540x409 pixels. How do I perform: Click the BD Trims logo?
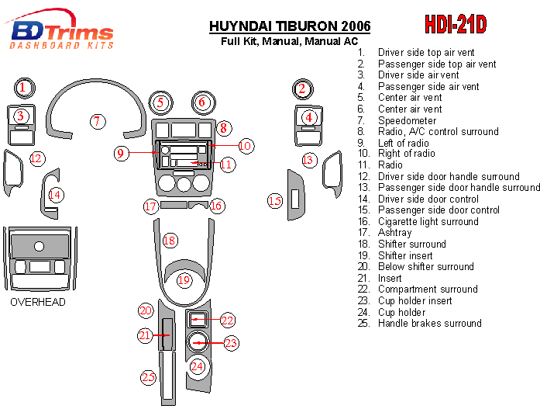click(62, 33)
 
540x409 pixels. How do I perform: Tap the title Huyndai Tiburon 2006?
click(290, 26)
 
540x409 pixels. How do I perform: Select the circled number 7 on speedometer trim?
click(97, 121)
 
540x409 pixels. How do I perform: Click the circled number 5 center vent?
click(160, 102)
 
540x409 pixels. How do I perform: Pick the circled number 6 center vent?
click(201, 102)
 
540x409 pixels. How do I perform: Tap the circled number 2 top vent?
click(302, 88)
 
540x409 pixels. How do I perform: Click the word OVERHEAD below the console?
click(38, 302)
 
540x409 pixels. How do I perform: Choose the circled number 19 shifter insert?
click(184, 280)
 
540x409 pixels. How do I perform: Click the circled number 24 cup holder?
click(198, 366)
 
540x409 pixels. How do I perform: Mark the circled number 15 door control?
click(275, 201)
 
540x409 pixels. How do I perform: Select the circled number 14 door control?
click(55, 194)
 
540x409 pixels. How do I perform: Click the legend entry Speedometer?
click(408, 121)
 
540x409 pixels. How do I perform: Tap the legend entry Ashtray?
click(394, 233)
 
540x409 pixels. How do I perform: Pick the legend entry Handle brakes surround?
click(429, 323)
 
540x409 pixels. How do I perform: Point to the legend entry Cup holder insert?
click(414, 300)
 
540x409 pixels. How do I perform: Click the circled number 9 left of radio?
click(120, 153)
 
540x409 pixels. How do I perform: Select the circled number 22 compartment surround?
click(227, 320)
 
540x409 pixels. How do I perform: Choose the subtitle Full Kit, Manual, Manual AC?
click(289, 40)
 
